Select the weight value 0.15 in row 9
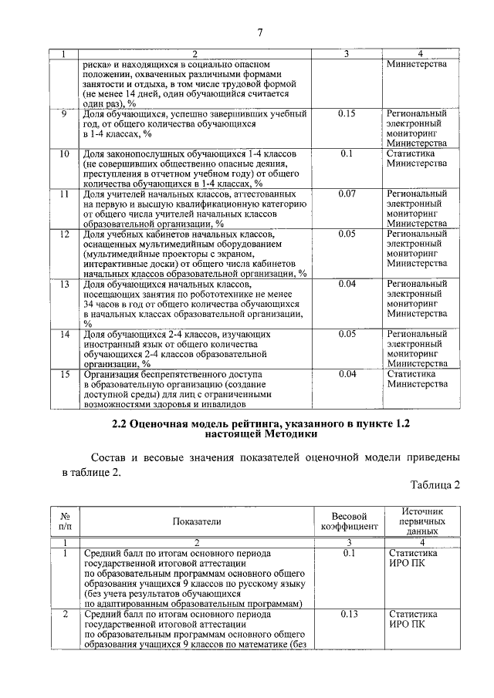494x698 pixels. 347,113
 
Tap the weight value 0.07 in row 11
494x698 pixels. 347,194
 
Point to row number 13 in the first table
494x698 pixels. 65,285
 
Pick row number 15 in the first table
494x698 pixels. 65,374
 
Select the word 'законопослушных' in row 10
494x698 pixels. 141,153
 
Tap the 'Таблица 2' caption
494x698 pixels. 435,484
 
